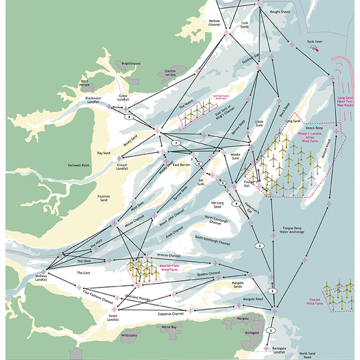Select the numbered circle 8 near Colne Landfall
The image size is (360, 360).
click(128, 117)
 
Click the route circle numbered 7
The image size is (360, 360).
click(176, 143)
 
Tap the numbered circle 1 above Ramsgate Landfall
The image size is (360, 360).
click(271, 331)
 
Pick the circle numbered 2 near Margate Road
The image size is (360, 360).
click(272, 291)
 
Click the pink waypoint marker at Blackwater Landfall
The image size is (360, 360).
click(110, 107)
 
